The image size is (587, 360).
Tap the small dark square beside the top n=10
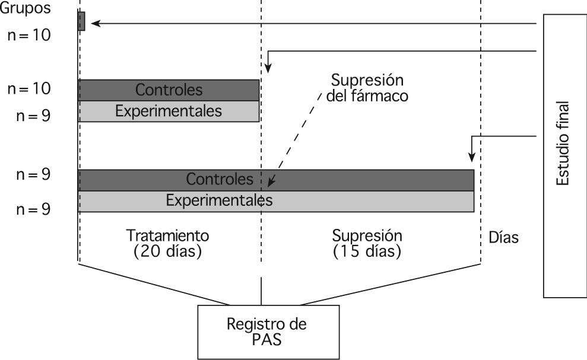(81, 21)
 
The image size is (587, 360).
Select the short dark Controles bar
(169, 90)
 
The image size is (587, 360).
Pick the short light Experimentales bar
(169, 111)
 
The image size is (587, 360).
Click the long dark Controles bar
(356, 180)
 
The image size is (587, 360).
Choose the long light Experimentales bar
(356, 201)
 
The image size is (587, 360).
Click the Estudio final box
(564, 154)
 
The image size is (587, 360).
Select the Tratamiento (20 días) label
(168, 243)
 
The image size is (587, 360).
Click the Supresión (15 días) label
(367, 243)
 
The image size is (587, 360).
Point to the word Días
(503, 238)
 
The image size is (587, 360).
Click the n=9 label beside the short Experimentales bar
(33, 114)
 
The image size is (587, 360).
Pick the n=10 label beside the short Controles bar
(29, 89)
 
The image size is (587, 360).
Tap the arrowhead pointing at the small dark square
(94, 24)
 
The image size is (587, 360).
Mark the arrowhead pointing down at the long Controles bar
(471, 158)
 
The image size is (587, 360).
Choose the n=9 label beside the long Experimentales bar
(33, 209)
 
